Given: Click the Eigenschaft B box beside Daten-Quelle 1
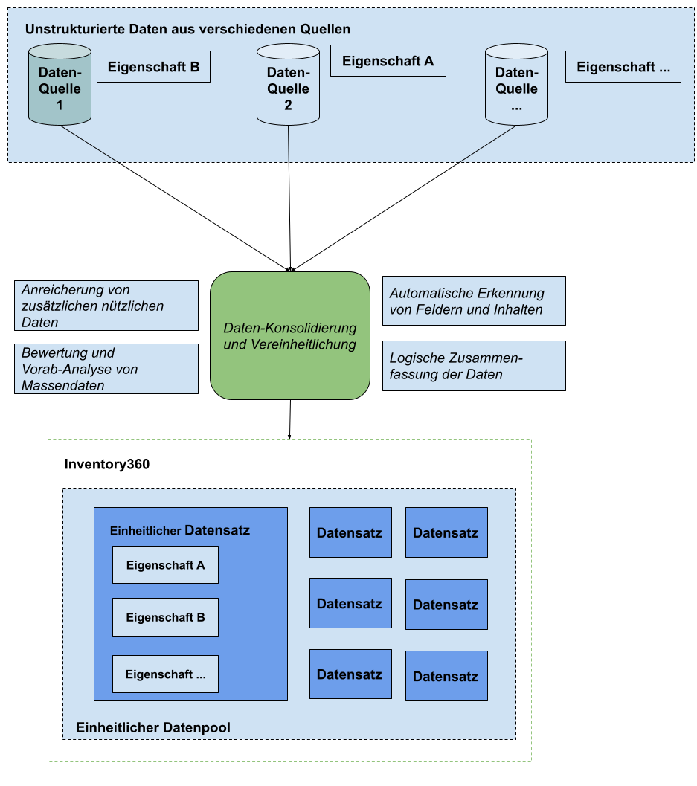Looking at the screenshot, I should tap(153, 67).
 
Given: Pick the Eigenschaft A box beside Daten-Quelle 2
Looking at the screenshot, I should tap(388, 61).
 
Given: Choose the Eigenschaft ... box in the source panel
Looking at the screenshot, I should tap(623, 67).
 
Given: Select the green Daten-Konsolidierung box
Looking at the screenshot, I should tap(290, 336).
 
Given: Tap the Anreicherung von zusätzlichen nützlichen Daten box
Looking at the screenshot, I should tap(106, 306).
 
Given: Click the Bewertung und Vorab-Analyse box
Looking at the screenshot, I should tap(106, 369).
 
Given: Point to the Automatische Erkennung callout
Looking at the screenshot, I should tap(474, 301).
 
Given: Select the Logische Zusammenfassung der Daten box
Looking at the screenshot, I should tap(474, 366).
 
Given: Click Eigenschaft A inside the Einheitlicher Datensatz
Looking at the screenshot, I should tap(165, 565).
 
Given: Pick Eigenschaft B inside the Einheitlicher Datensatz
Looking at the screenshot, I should tap(165, 617).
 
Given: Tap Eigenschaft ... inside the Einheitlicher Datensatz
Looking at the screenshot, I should tap(165, 674).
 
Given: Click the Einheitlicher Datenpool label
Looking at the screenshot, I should tap(153, 727).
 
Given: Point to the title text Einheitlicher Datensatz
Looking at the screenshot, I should tap(179, 531).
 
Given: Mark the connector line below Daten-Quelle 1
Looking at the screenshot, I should tap(89, 143).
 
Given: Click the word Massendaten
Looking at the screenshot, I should tap(63, 385).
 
